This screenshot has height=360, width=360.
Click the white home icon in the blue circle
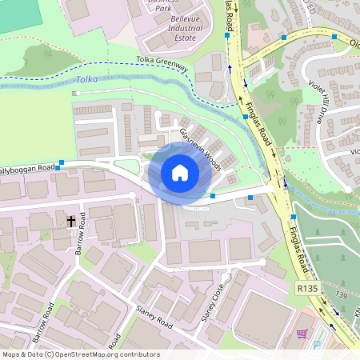[x=179, y=172]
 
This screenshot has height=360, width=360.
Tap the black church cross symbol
[x=70, y=220]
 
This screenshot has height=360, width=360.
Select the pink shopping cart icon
[x=302, y=334]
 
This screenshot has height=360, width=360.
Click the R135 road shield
[x=305, y=288]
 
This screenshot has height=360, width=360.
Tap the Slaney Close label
[x=210, y=303]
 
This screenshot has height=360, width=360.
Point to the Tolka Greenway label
[x=162, y=64]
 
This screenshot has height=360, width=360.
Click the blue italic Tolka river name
[x=86, y=80]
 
